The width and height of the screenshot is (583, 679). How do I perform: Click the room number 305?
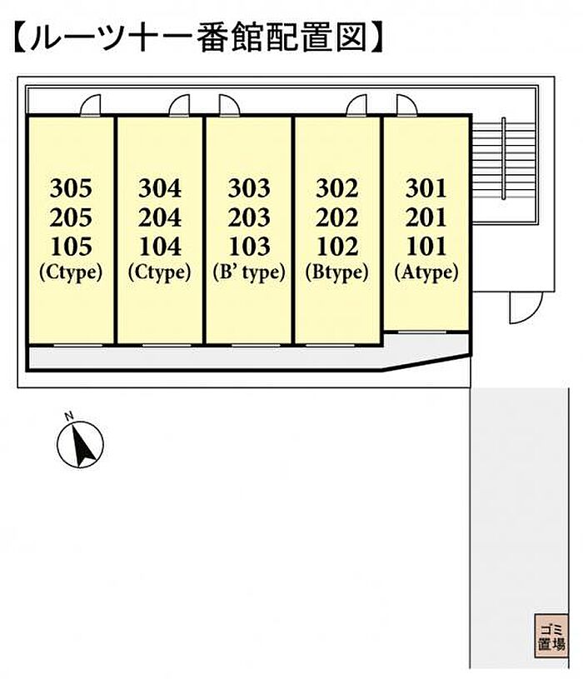pos(71,188)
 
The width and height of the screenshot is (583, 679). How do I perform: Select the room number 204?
pos(160,217)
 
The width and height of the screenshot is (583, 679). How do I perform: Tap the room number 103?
pos(249,247)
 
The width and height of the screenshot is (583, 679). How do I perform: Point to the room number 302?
pos(337,188)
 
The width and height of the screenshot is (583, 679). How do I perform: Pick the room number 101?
pos(426,247)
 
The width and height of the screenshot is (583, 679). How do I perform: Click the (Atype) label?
pos(426,272)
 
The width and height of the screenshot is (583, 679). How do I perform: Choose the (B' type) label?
pos(249,272)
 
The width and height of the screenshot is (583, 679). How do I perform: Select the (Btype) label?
pos(337,272)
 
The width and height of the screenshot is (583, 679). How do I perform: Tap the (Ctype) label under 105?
pos(71,272)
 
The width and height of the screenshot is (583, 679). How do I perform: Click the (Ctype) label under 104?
pos(160,272)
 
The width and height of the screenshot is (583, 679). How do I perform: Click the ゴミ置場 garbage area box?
pos(551,637)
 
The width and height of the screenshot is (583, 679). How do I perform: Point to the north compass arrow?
pos(83,443)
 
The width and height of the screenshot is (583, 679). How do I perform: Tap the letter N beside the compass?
pos(68,417)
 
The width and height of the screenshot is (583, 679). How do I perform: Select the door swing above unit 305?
pos(91,105)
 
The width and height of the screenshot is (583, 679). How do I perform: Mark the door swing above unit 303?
pos(229,105)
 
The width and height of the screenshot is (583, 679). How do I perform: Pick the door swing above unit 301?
pos(406,105)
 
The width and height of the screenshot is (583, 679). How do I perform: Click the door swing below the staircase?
pos(526,307)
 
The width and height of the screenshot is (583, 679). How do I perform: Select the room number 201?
pos(426,217)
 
